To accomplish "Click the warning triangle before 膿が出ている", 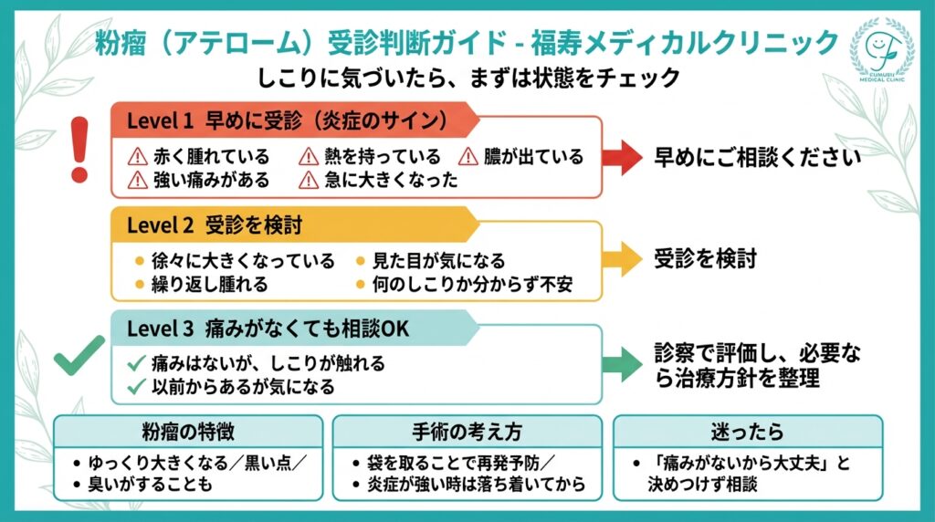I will [468, 157].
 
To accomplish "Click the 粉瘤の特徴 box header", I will [188, 431].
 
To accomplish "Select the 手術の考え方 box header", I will [467, 431].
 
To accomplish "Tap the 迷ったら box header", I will [747, 431].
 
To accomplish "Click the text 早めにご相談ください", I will [757, 157].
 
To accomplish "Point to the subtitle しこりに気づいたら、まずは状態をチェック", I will [467, 78].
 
